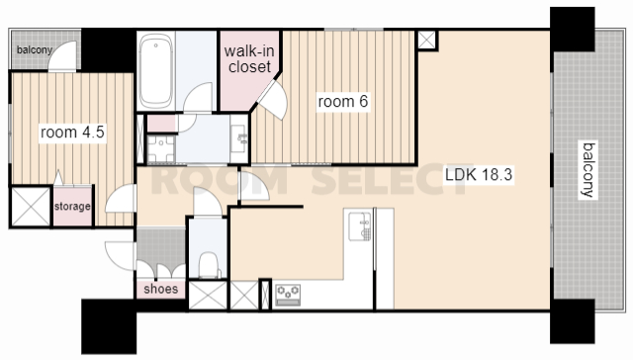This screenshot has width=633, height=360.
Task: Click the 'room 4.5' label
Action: (72, 132)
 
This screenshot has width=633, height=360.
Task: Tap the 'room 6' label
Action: (343, 101)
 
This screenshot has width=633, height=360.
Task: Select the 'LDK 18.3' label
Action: (479, 175)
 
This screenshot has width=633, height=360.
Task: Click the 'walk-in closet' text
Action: (249, 59)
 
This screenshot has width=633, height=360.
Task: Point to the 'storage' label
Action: (72, 207)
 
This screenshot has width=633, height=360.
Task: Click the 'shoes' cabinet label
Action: (160, 289)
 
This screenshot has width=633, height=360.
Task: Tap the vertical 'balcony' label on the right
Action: (588, 169)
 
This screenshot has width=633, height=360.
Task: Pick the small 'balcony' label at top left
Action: (35, 50)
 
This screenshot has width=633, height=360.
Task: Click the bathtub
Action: (156, 70)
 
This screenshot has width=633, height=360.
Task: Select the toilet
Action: (209, 265)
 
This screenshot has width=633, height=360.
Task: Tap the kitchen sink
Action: (360, 226)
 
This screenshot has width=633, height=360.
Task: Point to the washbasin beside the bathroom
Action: (239, 138)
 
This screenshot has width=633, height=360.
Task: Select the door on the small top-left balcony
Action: (62, 56)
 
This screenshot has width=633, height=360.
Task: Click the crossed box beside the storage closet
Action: (31, 207)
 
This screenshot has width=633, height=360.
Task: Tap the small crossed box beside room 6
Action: (427, 40)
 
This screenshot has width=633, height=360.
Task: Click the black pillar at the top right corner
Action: (573, 29)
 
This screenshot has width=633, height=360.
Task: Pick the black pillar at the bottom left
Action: (109, 326)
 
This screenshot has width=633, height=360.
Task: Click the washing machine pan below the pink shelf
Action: (161, 149)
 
